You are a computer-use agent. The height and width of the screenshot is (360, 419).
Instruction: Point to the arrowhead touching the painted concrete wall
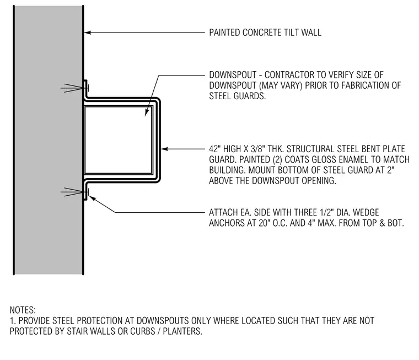coord(88,33)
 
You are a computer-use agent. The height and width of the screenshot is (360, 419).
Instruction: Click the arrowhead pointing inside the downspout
coord(147,112)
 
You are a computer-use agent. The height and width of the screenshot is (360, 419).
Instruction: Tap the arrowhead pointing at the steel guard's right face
coord(164,149)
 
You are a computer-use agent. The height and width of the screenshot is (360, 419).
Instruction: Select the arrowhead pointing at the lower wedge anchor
coord(92,198)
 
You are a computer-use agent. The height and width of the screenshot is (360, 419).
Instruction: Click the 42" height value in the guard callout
coord(214,149)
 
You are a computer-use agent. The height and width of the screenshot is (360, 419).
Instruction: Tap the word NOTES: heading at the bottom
coord(23,310)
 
